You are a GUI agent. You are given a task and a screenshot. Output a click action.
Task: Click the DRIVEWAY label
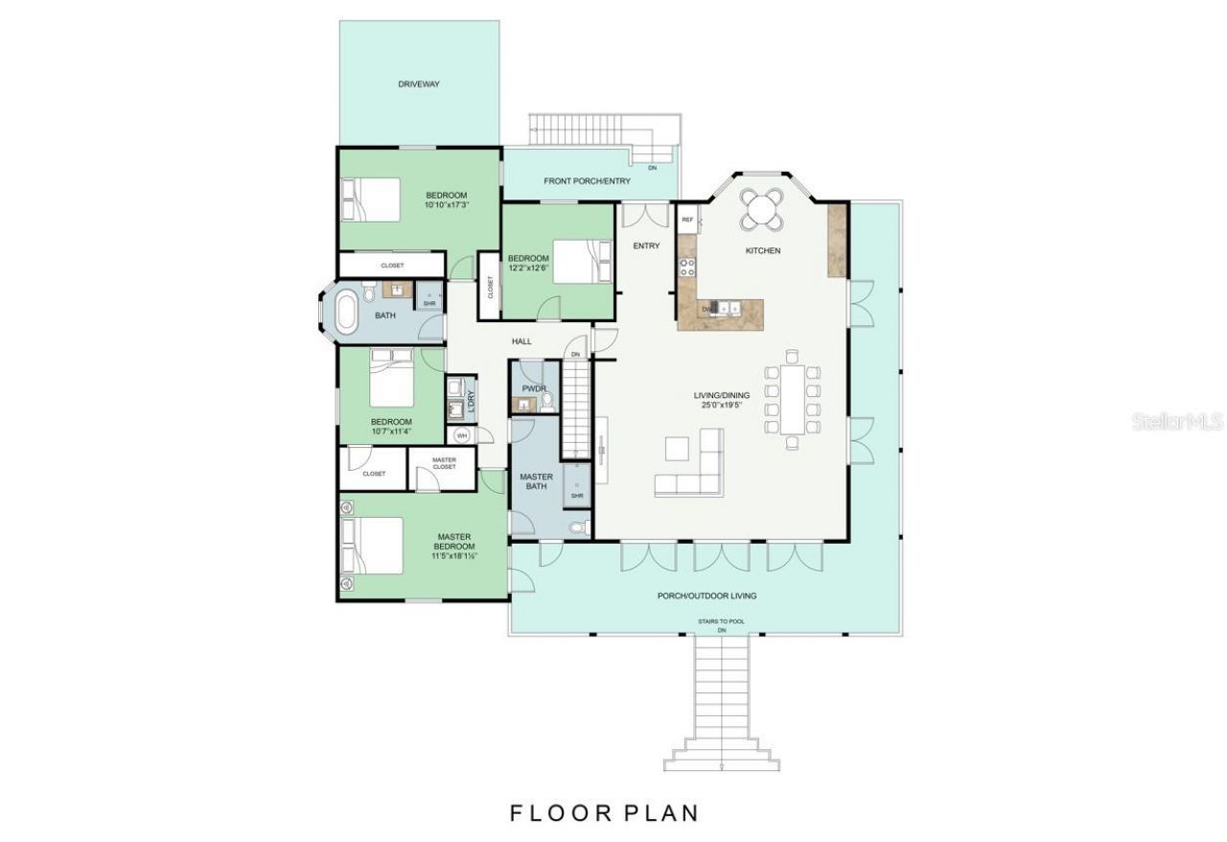coord(419,84)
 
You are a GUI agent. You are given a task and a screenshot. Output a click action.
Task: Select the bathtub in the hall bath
coord(345,313)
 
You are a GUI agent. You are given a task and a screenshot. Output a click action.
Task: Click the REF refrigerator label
coord(687,221)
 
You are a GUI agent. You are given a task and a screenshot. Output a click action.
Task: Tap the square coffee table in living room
coord(677,449)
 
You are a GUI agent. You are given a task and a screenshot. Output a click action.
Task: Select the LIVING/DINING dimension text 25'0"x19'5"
coord(722,406)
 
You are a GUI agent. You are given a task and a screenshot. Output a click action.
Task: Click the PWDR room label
coord(533,388)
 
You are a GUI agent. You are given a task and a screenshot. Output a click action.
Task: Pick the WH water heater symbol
coord(461,435)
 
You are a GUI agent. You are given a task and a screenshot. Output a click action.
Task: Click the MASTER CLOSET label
coord(444,463)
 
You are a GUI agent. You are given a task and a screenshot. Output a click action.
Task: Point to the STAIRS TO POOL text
coord(721,621)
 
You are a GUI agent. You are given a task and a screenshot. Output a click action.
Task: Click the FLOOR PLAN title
coord(604,813)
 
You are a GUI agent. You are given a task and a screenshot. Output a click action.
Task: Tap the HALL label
coord(521,341)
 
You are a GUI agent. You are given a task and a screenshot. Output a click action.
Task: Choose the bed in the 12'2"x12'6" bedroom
coord(578,260)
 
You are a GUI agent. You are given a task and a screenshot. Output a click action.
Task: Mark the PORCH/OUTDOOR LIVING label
coord(706,596)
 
